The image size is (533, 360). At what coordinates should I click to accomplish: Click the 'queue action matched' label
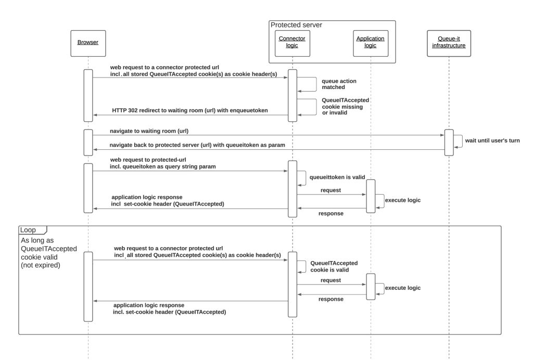(x=339, y=84)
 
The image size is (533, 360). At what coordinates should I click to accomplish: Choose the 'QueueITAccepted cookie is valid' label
(x=334, y=267)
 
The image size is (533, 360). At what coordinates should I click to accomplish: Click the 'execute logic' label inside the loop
(x=402, y=288)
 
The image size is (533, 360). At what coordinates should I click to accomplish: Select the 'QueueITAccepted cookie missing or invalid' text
(x=342, y=106)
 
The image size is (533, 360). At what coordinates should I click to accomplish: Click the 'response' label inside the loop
(x=331, y=300)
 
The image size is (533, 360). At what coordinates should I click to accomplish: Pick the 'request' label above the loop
(x=331, y=190)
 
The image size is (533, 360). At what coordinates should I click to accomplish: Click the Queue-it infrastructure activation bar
(x=449, y=142)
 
